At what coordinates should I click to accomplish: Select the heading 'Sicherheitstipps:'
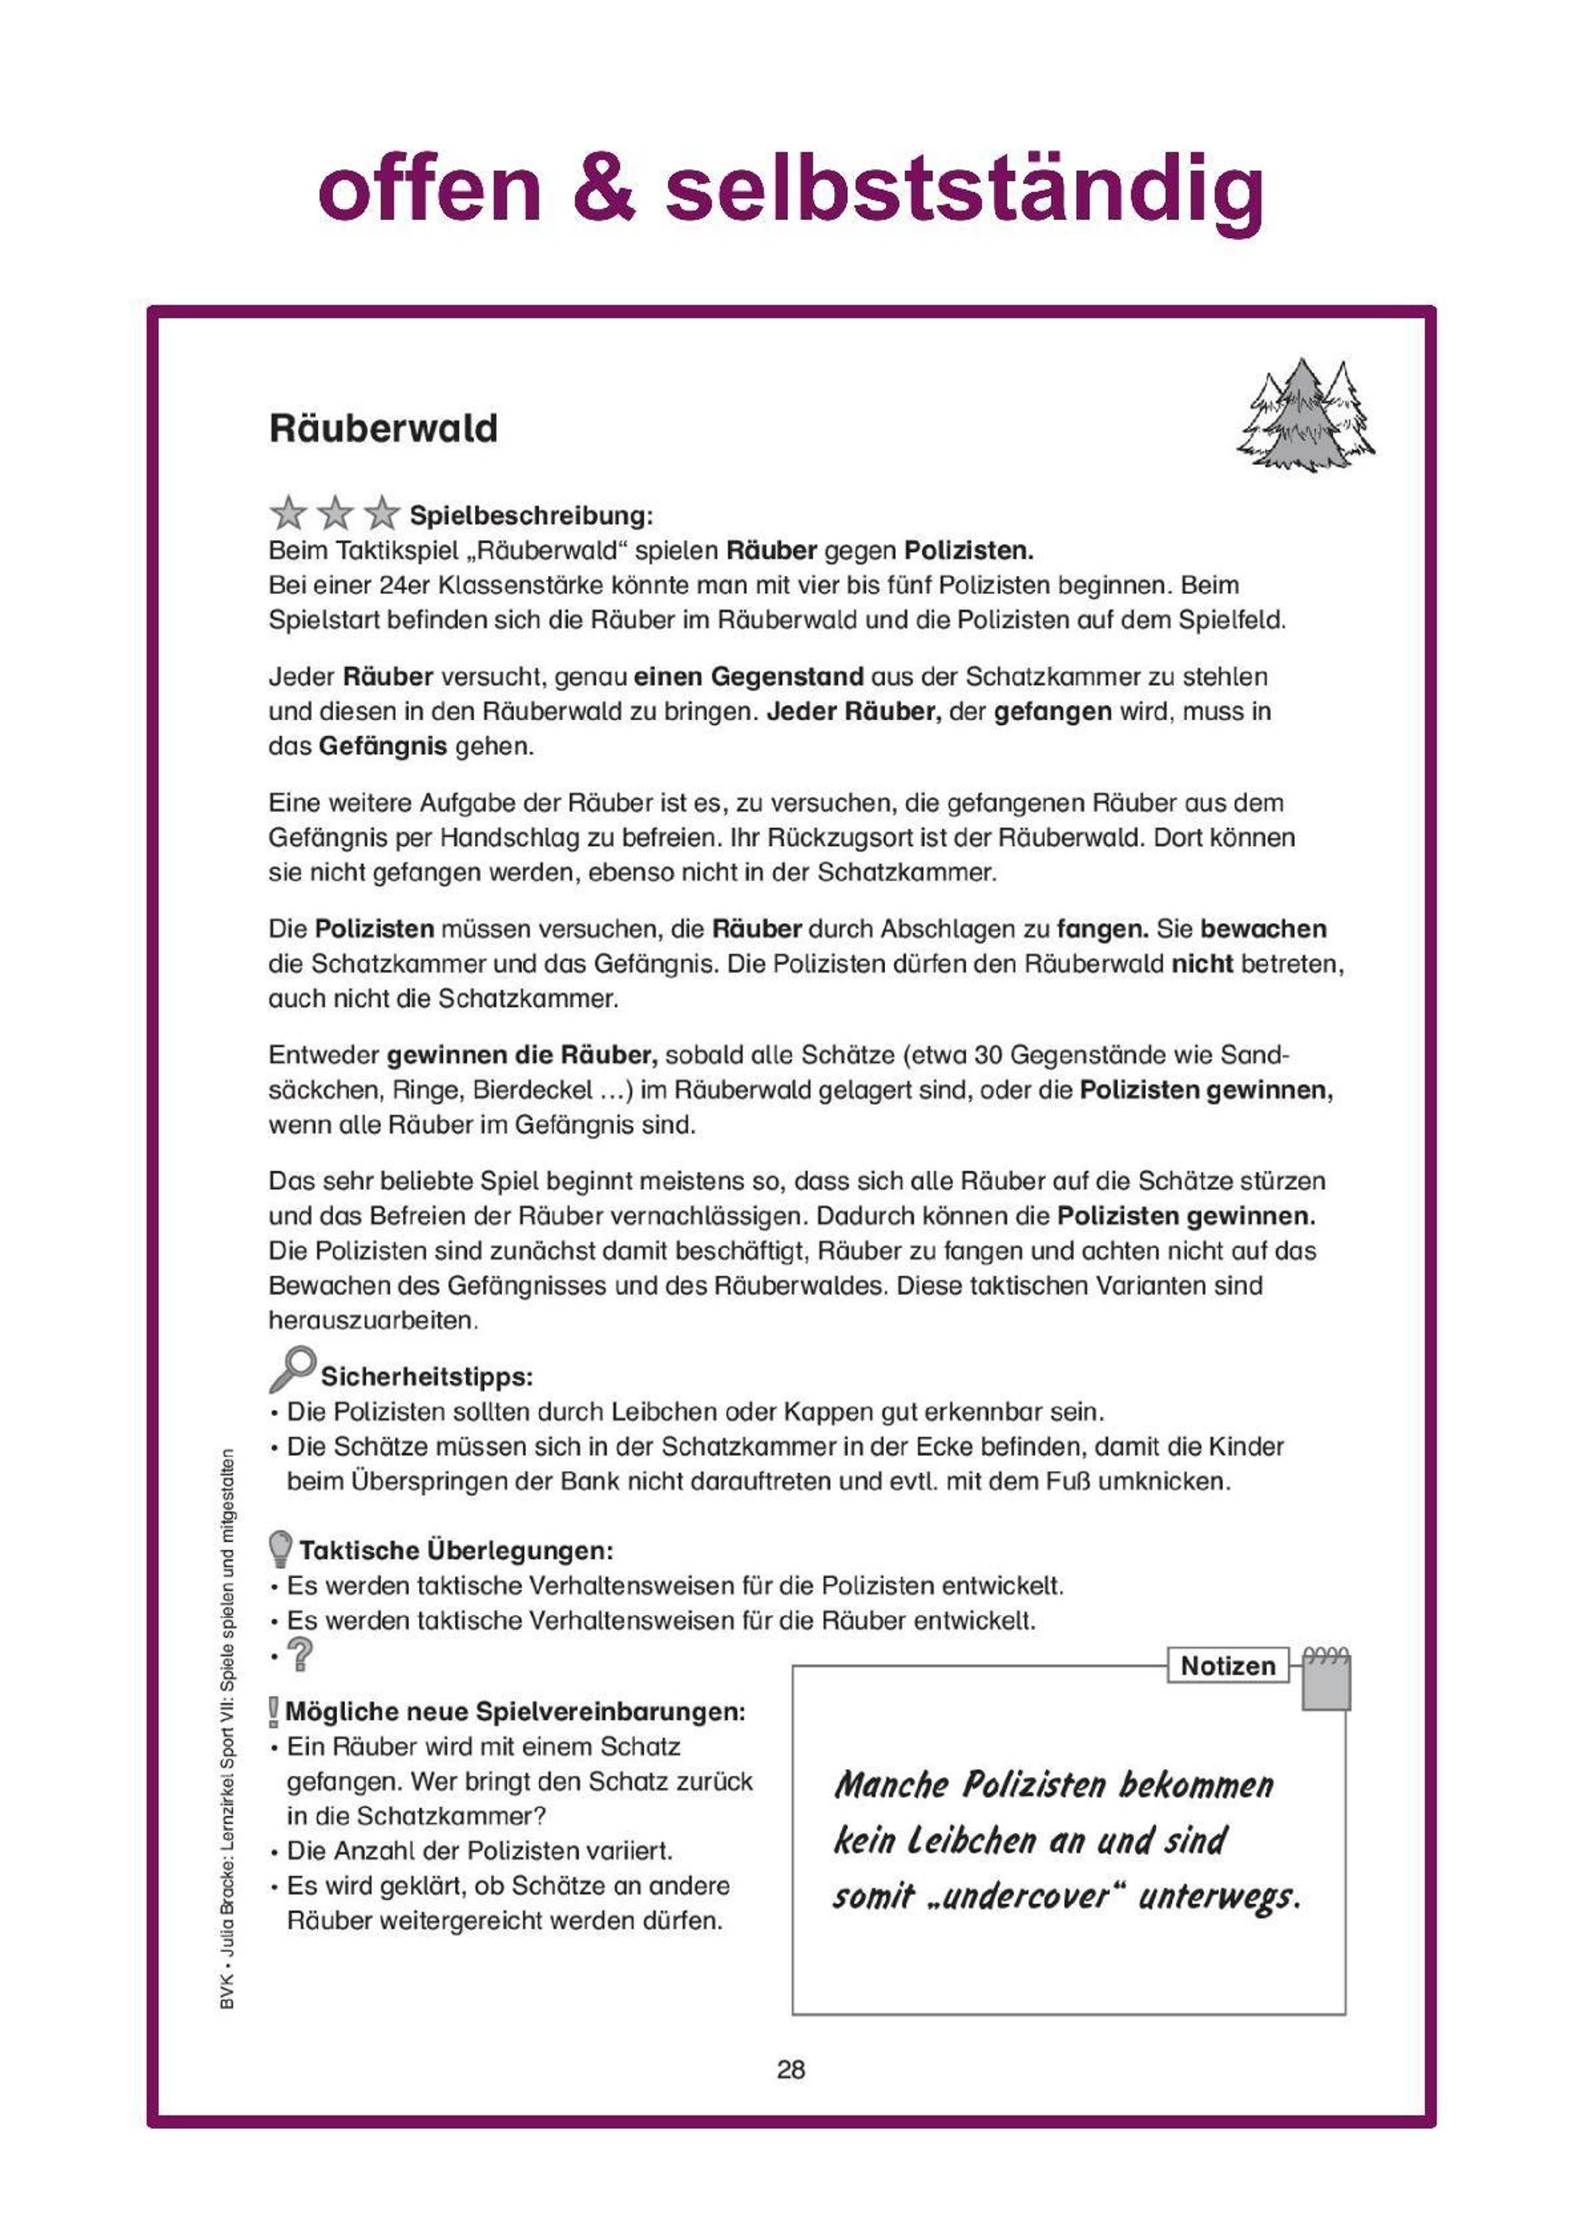pos(426,1377)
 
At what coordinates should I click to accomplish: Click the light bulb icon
pos(280,1548)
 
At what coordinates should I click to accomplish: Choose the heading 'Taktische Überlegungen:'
pos(456,1550)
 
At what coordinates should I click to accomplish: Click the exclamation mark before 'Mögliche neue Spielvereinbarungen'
pos(274,1712)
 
